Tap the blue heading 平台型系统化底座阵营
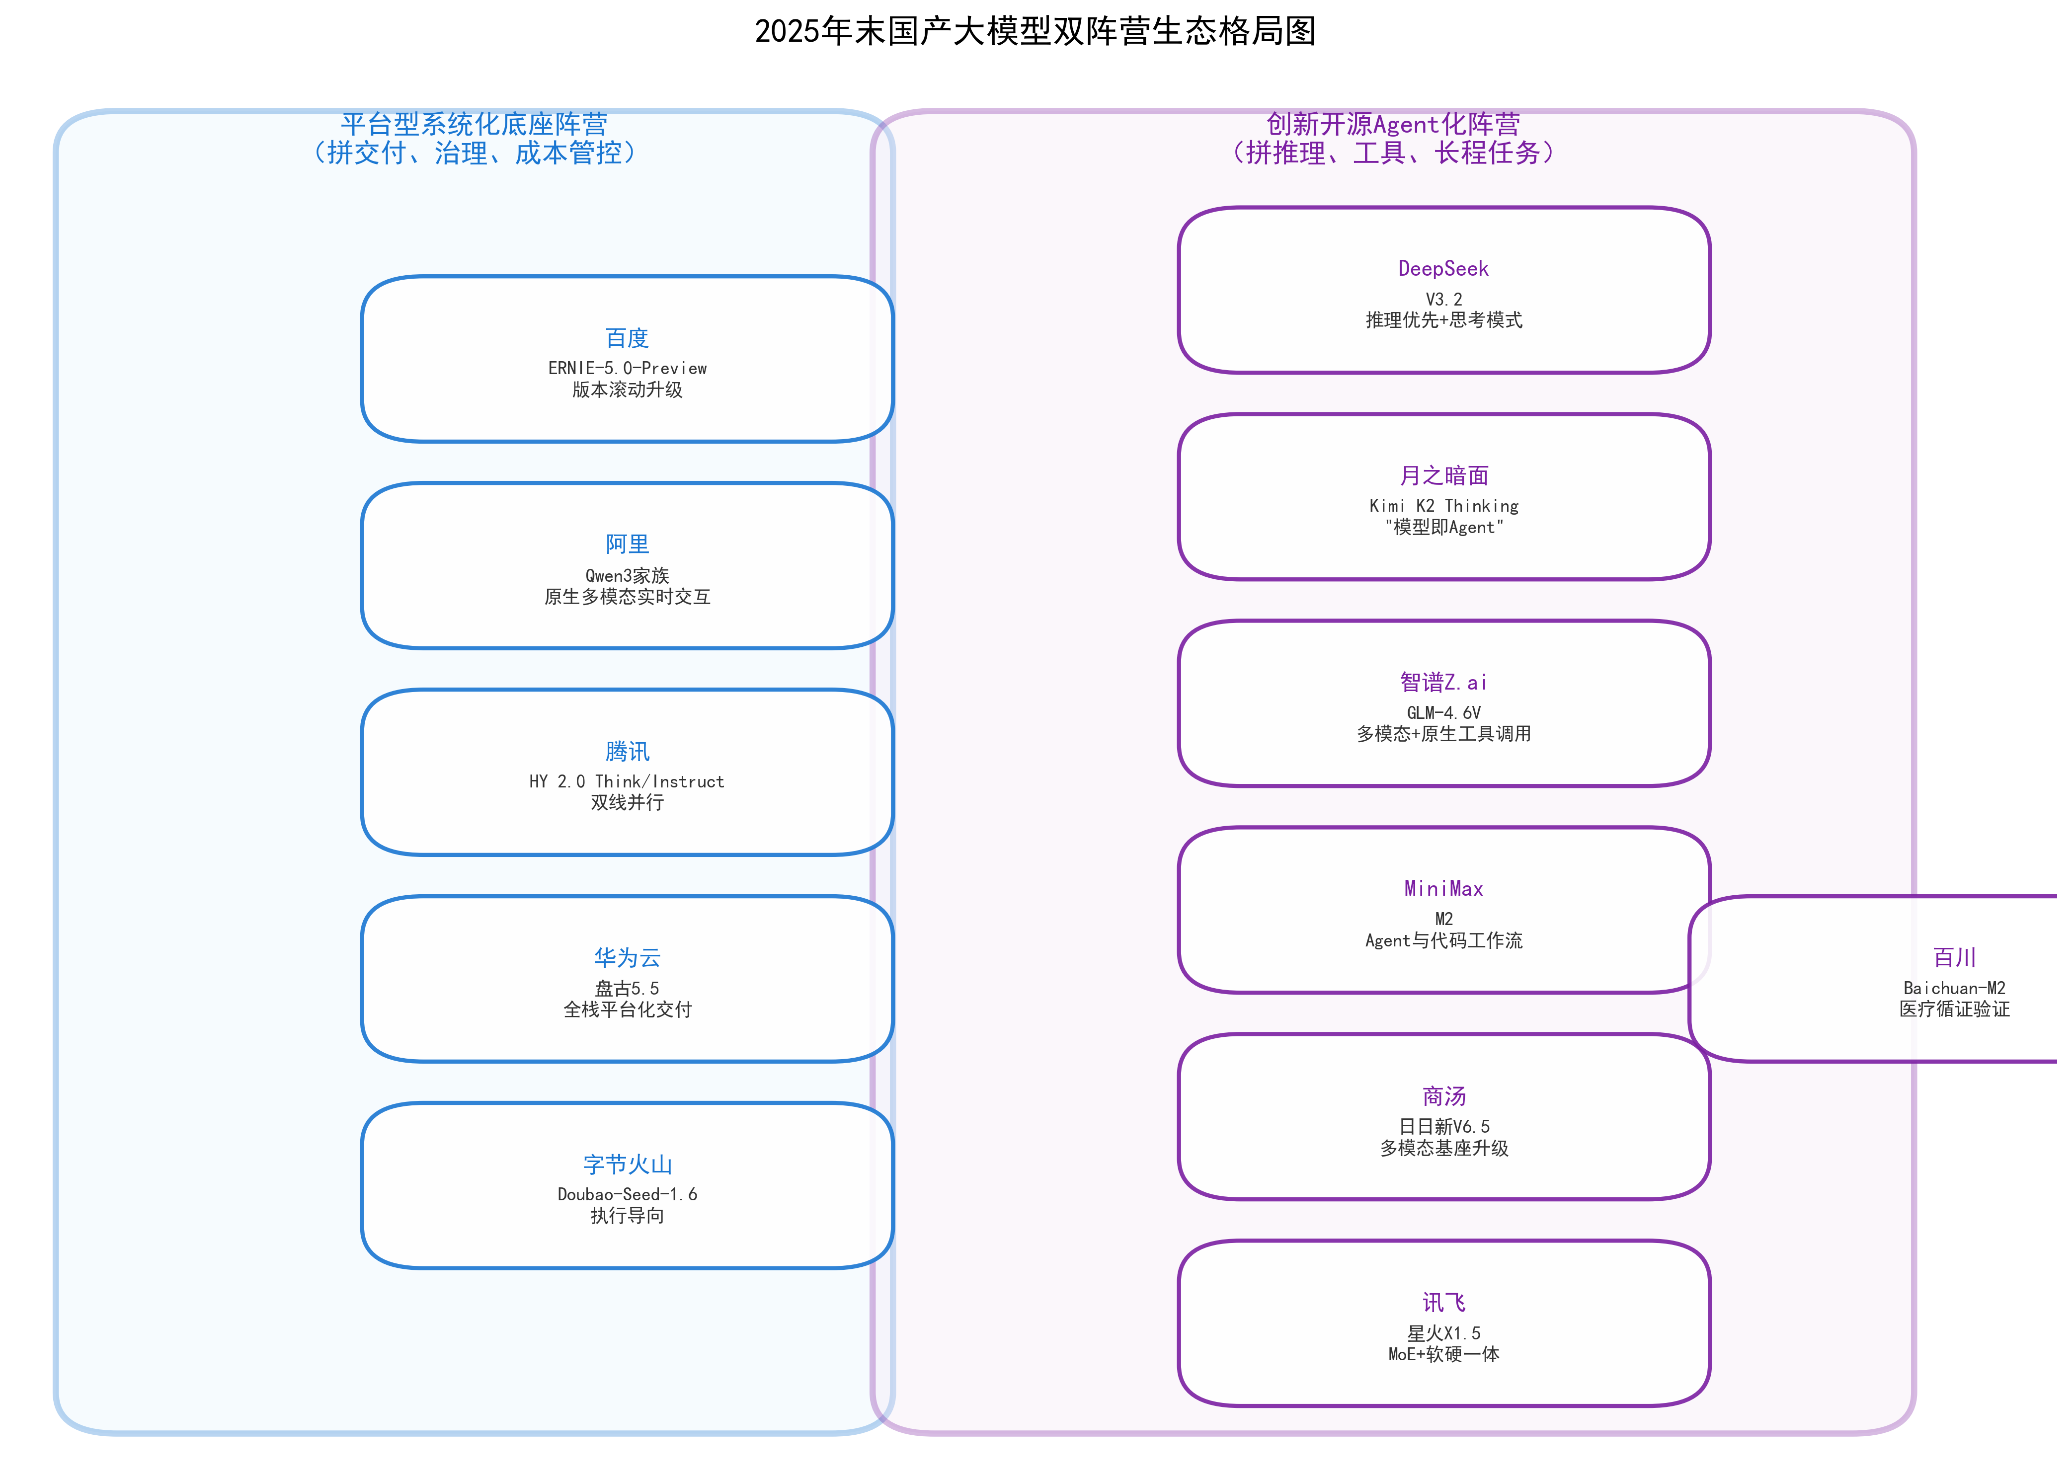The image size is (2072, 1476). (474, 124)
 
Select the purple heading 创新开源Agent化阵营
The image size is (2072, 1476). (1392, 124)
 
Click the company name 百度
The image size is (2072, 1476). (627, 338)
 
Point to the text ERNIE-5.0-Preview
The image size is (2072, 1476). (627, 368)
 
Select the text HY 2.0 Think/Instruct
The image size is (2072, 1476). (627, 781)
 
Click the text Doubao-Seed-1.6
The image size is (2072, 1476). (627, 1194)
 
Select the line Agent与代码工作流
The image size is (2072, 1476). (1443, 940)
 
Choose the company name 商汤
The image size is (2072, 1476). (1443, 1096)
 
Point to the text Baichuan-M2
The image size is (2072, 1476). (1954, 988)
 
